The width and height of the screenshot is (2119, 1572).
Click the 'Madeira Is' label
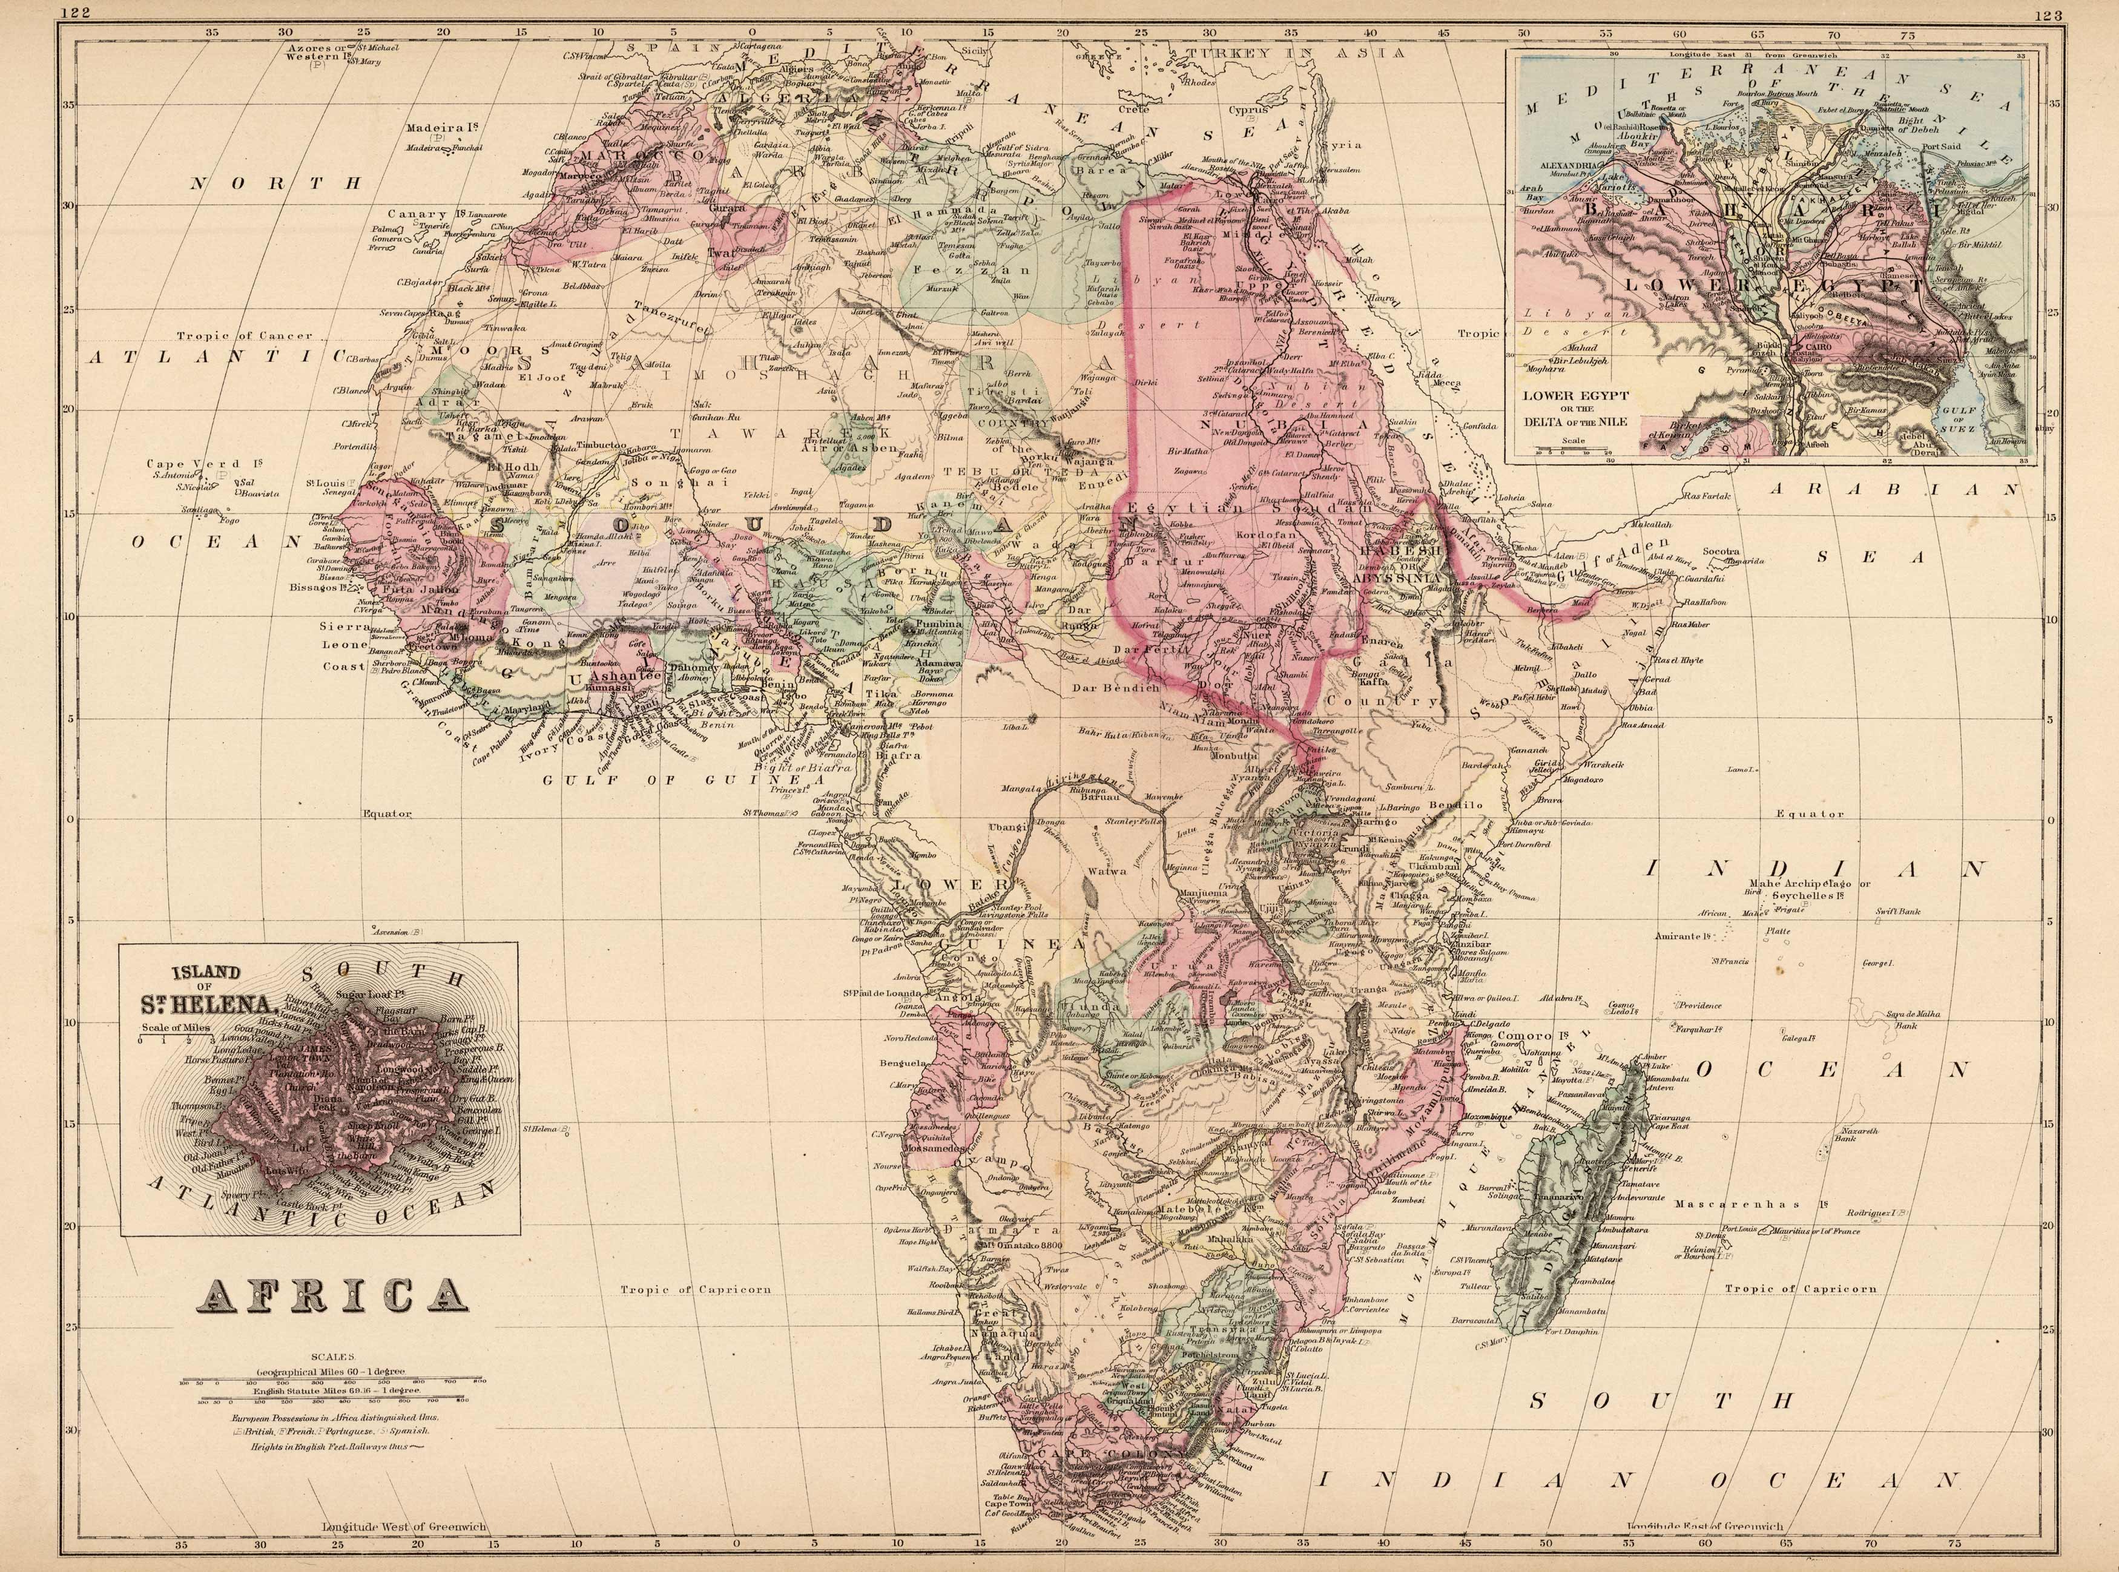(441, 127)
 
